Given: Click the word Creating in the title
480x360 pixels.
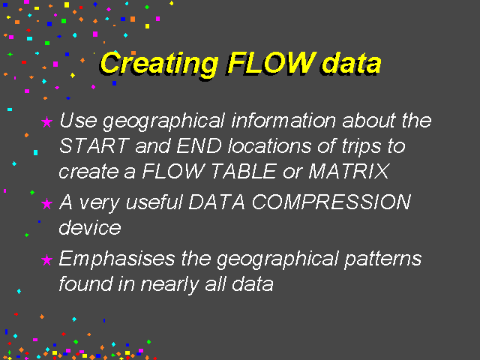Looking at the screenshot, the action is [x=159, y=64].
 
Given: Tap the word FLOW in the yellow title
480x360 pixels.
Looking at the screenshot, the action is [x=271, y=63].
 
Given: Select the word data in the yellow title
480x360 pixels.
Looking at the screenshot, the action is [x=352, y=63].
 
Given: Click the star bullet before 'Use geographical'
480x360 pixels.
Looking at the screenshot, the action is [x=46, y=121].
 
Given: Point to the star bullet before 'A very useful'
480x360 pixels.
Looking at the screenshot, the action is [x=46, y=203].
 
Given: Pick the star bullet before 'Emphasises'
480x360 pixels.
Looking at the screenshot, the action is [x=46, y=260].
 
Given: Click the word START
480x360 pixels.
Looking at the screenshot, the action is [x=94, y=145].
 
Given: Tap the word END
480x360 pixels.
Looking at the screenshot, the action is [x=199, y=145].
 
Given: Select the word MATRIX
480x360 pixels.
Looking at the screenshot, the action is [x=349, y=171].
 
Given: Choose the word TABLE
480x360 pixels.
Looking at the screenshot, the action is [x=244, y=171].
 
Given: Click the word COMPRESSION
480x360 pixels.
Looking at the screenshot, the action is [x=331, y=202].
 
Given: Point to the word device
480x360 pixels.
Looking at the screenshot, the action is [x=90, y=227].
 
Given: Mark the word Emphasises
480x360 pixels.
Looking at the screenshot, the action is [x=117, y=259].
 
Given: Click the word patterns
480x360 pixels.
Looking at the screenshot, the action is [x=383, y=259].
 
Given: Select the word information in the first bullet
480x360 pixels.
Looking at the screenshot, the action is [x=283, y=120].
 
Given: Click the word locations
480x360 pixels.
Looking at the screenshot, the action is [x=270, y=145].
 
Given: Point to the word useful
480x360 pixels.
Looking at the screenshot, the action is [x=154, y=202].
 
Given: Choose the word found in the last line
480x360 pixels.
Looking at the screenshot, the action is [x=85, y=283].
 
